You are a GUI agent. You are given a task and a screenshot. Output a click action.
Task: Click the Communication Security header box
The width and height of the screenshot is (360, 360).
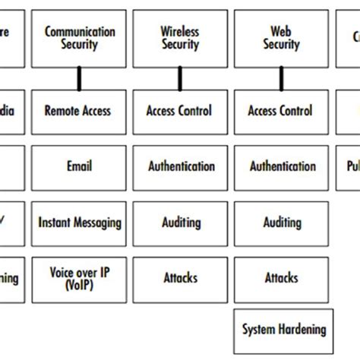pyautogui.click(x=80, y=38)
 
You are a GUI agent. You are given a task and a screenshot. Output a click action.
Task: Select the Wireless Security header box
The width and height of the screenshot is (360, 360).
pyautogui.click(x=181, y=38)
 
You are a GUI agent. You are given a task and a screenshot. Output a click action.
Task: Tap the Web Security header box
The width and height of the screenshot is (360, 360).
pyautogui.click(x=281, y=38)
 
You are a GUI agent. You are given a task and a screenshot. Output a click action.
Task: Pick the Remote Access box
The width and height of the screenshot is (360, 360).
pyautogui.click(x=80, y=111)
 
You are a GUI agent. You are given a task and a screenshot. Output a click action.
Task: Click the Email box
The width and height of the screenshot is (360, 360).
pyautogui.click(x=80, y=166)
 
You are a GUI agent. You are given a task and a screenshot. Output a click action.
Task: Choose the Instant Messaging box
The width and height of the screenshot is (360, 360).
pyautogui.click(x=80, y=223)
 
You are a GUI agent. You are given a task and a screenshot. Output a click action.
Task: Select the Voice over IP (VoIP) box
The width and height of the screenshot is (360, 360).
pyautogui.click(x=80, y=278)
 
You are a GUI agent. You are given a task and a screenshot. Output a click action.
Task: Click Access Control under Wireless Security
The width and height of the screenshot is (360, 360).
pyautogui.click(x=181, y=111)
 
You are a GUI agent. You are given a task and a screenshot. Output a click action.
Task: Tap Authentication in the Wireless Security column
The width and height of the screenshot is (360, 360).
pyautogui.click(x=181, y=166)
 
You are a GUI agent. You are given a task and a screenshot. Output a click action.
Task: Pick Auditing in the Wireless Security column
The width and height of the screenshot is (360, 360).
pyautogui.click(x=181, y=223)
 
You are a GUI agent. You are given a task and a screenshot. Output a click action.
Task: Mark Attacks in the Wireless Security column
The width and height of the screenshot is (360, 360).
pyautogui.click(x=181, y=278)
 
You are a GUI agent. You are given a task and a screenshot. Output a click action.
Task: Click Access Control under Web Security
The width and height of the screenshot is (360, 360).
pyautogui.click(x=281, y=111)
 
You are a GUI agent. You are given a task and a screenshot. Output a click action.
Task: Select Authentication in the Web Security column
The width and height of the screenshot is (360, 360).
pyautogui.click(x=281, y=166)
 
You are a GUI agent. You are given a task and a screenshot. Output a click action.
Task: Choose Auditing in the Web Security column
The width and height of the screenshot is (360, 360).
pyautogui.click(x=281, y=223)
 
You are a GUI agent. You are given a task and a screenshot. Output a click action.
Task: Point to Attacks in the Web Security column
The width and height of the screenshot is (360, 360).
pyautogui.click(x=281, y=278)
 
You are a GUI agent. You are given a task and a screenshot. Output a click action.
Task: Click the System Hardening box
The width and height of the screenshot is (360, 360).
pyautogui.click(x=283, y=330)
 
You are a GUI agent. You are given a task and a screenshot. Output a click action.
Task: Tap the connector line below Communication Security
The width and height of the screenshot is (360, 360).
pyautogui.click(x=79, y=78)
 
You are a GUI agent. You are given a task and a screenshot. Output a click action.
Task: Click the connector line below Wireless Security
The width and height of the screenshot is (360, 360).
pyautogui.click(x=180, y=78)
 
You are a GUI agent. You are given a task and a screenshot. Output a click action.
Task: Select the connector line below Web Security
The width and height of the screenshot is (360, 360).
pyautogui.click(x=281, y=78)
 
